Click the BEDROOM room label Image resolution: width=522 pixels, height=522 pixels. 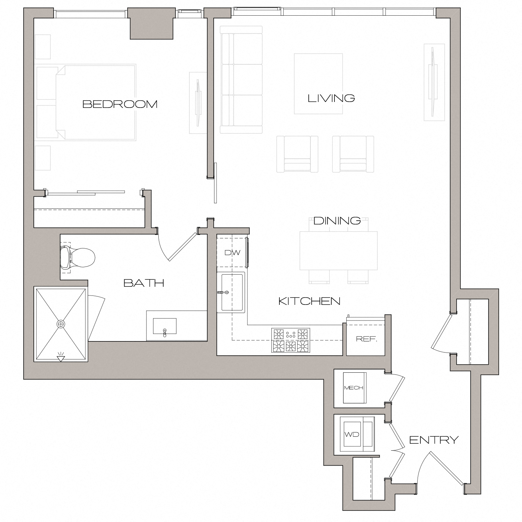point(120,104)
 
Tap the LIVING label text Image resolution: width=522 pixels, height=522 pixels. point(331,98)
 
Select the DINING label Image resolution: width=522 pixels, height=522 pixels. point(337,221)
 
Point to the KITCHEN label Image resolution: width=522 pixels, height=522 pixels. point(309,301)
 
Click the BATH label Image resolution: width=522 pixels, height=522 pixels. point(144,283)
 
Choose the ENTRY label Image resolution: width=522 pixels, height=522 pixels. point(434,440)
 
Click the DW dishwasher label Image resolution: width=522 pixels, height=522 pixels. point(232,253)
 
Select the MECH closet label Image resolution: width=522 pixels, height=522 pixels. point(354,388)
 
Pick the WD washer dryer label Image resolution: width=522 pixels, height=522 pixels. point(351,434)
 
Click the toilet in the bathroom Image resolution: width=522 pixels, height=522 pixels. point(78,258)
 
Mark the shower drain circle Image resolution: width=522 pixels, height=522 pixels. point(61,324)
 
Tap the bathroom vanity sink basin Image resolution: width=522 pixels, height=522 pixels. point(165,326)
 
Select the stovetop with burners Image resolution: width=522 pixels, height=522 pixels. point(291,340)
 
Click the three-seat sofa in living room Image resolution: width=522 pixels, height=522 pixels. point(241,79)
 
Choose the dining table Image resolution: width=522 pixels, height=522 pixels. point(338,251)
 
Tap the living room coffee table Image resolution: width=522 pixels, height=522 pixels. point(318,84)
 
